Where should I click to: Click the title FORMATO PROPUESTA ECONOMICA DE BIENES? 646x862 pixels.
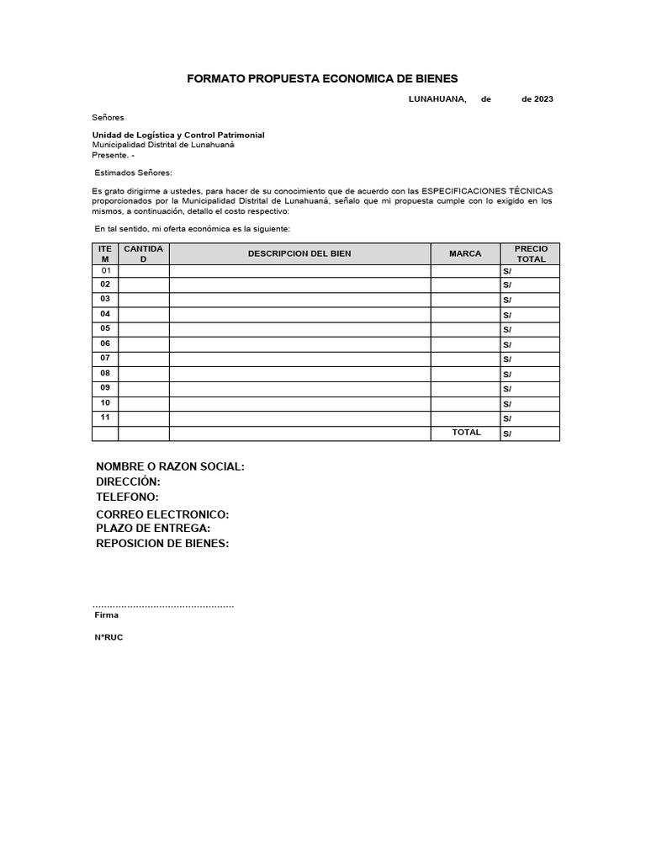(x=322, y=78)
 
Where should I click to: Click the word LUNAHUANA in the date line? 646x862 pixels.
(x=437, y=99)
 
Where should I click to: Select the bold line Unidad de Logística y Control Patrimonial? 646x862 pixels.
(x=178, y=135)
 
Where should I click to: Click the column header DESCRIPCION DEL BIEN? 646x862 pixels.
(x=299, y=253)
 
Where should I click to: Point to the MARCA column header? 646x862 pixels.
(x=465, y=253)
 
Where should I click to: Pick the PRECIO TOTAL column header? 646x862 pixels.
(x=531, y=253)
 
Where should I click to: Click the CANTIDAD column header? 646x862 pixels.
(x=143, y=253)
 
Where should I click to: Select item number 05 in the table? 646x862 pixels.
(x=105, y=328)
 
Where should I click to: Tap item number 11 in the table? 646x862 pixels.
(x=105, y=418)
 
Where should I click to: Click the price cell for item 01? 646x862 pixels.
(x=530, y=271)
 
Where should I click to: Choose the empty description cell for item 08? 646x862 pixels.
(x=299, y=373)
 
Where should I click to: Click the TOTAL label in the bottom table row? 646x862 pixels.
(x=467, y=433)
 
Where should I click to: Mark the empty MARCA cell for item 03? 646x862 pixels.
(x=465, y=299)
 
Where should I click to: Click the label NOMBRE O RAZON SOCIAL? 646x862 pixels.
(x=170, y=467)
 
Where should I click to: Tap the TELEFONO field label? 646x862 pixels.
(x=127, y=497)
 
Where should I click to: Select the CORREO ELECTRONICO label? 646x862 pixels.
(x=162, y=514)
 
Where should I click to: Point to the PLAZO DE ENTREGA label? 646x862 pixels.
(x=153, y=528)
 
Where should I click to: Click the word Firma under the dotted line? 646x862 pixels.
(x=107, y=615)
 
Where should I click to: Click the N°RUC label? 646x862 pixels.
(x=109, y=638)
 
